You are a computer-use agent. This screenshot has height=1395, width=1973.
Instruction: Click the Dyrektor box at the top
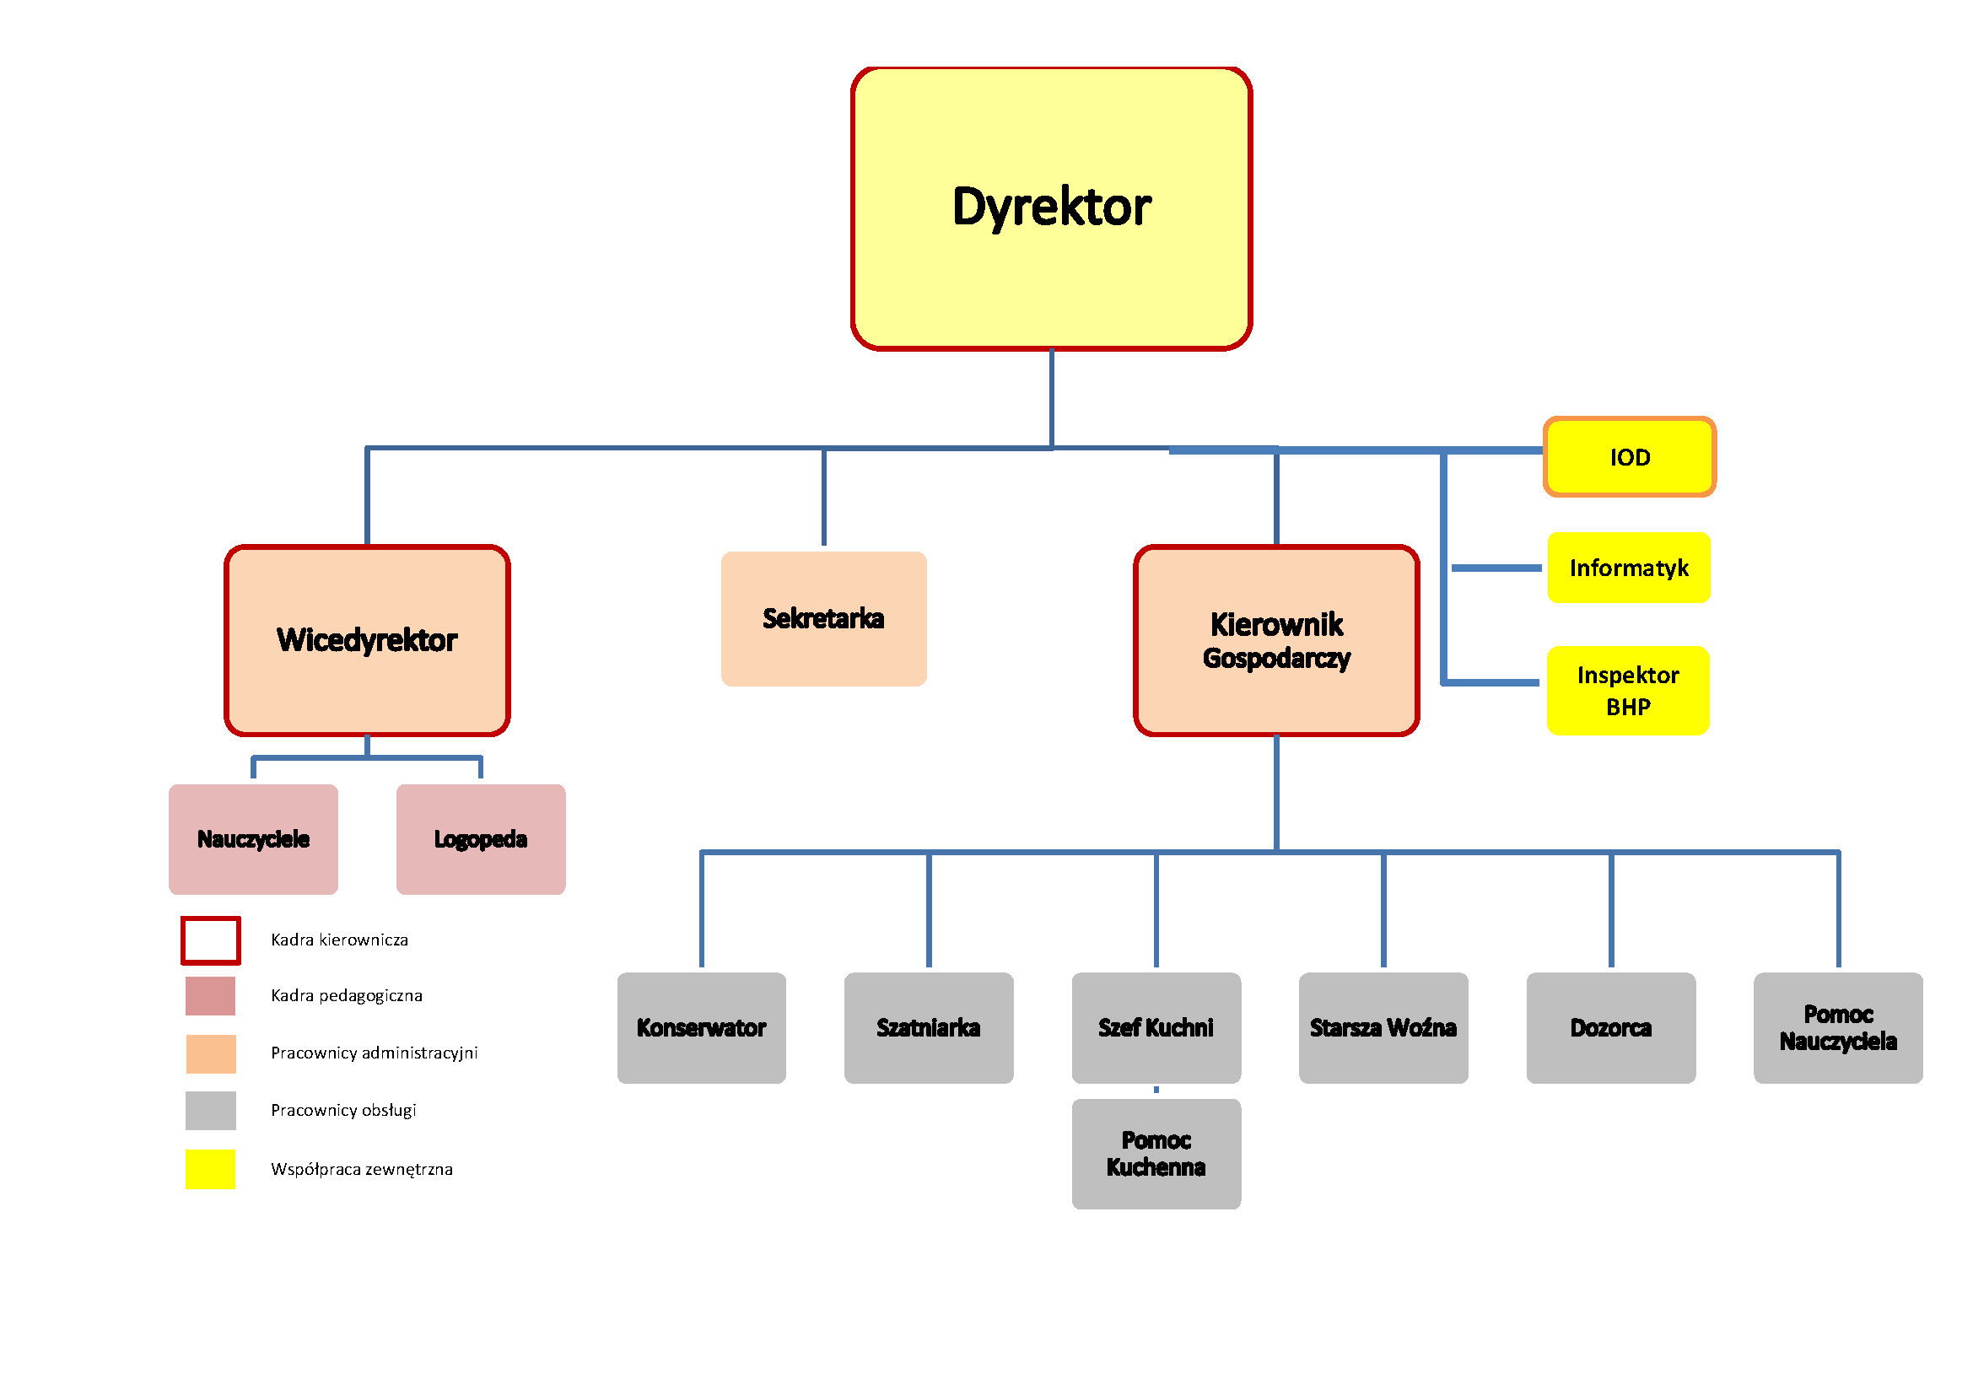(x=1051, y=207)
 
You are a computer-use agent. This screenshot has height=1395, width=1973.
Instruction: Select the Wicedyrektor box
(x=367, y=641)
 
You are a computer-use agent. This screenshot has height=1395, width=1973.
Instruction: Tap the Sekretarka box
(x=823, y=618)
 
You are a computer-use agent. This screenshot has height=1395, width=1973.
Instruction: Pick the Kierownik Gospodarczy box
(x=1276, y=641)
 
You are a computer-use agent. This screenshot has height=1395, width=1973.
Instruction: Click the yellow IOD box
(x=1630, y=457)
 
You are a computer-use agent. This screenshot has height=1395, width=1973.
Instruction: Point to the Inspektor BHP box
(x=1627, y=691)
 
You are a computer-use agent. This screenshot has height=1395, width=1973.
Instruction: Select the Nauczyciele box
(x=254, y=839)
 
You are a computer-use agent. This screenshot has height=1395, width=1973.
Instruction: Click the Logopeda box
(x=480, y=839)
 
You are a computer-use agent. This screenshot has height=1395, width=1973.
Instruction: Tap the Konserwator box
(x=701, y=1027)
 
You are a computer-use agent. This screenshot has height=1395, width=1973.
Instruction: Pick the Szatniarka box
(x=928, y=1027)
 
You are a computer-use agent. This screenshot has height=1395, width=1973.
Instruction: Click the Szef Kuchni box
(x=1156, y=1027)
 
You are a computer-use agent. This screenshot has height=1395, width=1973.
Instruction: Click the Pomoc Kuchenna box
(x=1156, y=1154)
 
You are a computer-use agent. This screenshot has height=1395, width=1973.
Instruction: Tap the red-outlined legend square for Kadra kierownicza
(x=211, y=940)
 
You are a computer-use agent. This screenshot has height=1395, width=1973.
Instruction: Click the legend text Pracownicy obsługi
(x=343, y=1110)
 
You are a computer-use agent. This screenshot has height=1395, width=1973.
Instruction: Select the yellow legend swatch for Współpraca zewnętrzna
(x=211, y=1169)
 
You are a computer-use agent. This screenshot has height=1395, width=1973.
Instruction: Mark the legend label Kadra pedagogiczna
(x=347, y=995)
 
